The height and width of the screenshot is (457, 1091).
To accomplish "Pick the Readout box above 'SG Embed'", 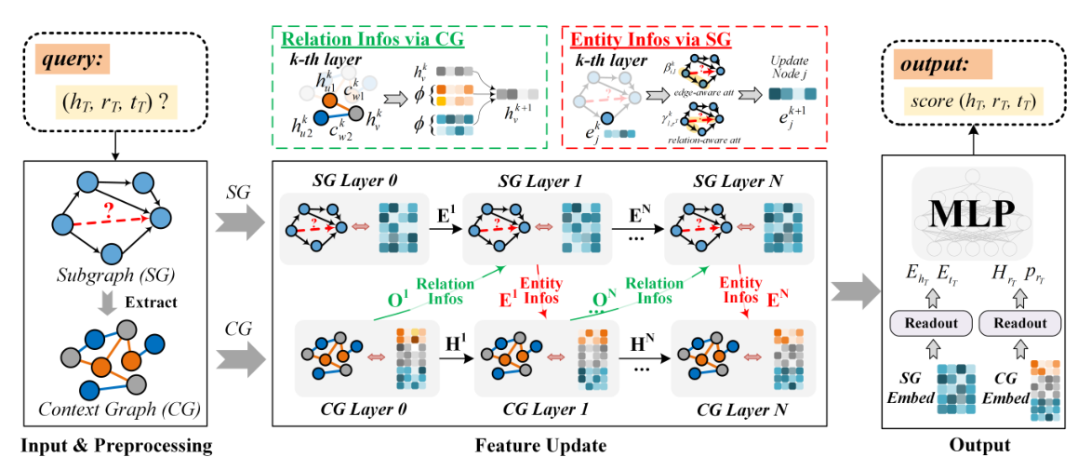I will (x=930, y=323).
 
